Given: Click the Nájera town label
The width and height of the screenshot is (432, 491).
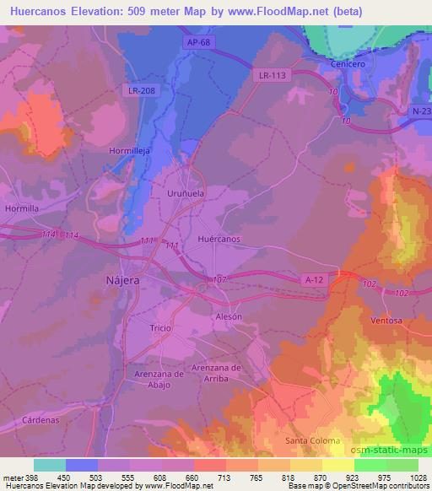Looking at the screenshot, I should tap(122, 279).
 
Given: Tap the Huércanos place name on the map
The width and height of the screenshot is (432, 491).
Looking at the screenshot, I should tap(219, 240).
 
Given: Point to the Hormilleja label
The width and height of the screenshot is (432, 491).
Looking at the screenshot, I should tap(130, 150).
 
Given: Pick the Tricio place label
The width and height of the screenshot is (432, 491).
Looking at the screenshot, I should tap(160, 327).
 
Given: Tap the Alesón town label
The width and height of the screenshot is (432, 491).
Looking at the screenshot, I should tap(228, 316).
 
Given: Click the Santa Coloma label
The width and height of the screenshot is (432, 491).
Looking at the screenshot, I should tap(312, 440).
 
